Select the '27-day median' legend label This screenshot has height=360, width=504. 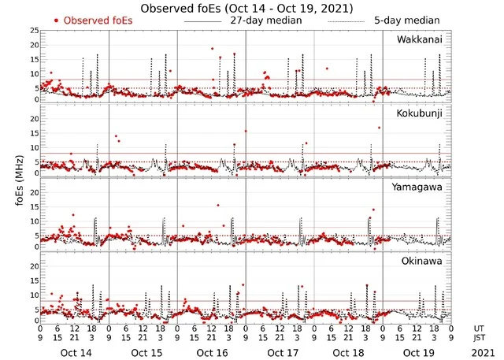click(x=267, y=20)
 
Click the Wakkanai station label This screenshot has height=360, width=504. click(x=420, y=39)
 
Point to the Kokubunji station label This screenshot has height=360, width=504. click(x=421, y=114)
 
